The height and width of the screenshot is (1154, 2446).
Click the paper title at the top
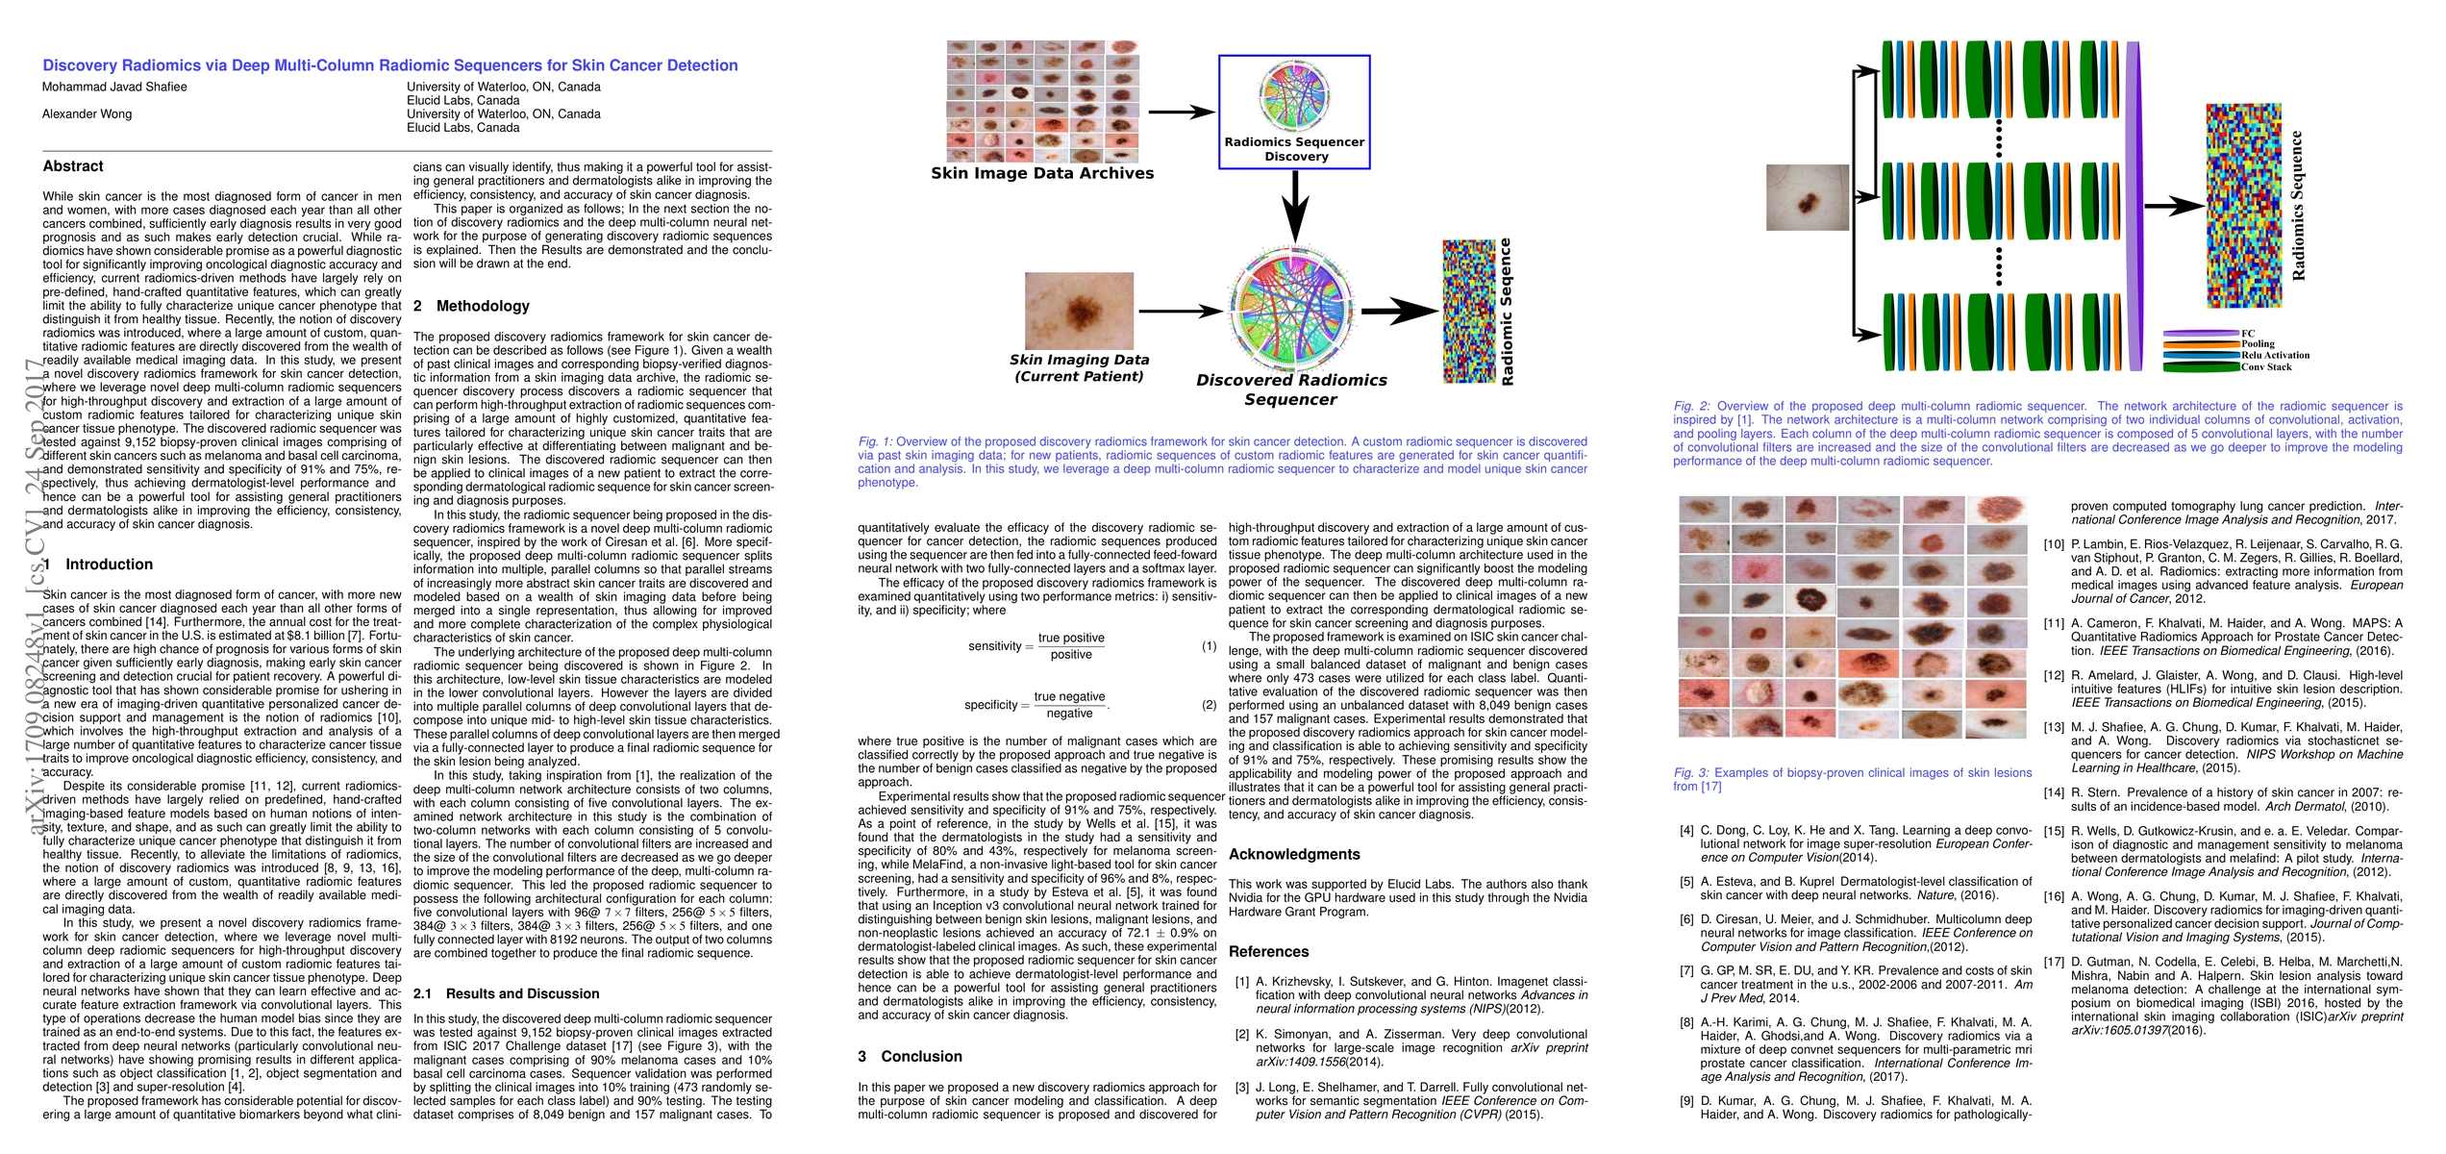(x=389, y=65)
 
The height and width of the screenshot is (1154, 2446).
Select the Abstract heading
(x=73, y=166)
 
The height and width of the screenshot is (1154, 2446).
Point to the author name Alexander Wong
(x=87, y=113)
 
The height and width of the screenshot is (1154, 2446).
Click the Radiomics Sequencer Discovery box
(x=1293, y=112)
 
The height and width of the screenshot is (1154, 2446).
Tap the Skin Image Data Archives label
(x=1041, y=173)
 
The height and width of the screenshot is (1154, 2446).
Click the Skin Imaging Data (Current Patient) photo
(x=1079, y=311)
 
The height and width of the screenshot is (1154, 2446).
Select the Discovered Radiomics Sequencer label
(x=1290, y=389)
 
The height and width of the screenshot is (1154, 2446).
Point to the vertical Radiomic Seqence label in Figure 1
(x=1506, y=312)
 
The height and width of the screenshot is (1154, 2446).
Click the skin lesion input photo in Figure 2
(x=1808, y=197)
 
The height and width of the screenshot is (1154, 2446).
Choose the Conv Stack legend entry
(x=2266, y=367)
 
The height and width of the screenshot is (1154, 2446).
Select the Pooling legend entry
(x=2258, y=344)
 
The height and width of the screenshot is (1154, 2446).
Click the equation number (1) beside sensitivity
(x=1209, y=646)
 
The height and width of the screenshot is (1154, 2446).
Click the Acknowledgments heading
(x=1294, y=854)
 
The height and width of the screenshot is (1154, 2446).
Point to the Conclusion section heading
(x=920, y=1056)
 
